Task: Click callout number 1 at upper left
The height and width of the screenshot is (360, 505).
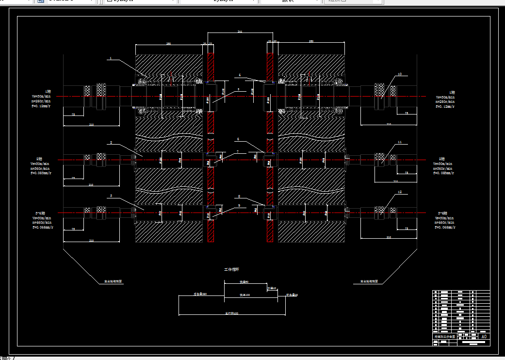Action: (111, 58)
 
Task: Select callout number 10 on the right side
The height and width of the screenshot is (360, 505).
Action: (399, 74)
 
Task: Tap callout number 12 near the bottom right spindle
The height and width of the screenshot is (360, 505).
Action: (399, 192)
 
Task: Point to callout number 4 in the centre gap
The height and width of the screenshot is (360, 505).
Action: (239, 75)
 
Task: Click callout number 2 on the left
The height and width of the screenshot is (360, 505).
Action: (111, 142)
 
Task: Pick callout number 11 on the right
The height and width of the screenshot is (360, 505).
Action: (399, 142)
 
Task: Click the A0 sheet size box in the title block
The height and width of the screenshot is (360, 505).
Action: (483, 336)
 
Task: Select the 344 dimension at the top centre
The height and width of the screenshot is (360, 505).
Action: (240, 32)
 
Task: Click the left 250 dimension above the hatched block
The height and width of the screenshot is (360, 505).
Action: (168, 43)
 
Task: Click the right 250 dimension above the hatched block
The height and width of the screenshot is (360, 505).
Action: (311, 42)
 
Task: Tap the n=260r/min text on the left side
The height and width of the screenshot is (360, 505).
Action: (41, 101)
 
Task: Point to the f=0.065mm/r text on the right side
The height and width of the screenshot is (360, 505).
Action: (445, 227)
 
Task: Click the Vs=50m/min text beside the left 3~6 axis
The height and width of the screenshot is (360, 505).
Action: (41, 218)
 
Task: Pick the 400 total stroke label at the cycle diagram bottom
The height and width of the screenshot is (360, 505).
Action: (232, 313)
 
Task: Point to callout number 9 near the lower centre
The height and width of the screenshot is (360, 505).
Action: (239, 205)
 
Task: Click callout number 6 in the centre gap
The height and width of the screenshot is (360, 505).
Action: (238, 139)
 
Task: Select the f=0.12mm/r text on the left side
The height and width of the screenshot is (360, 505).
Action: (41, 106)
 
